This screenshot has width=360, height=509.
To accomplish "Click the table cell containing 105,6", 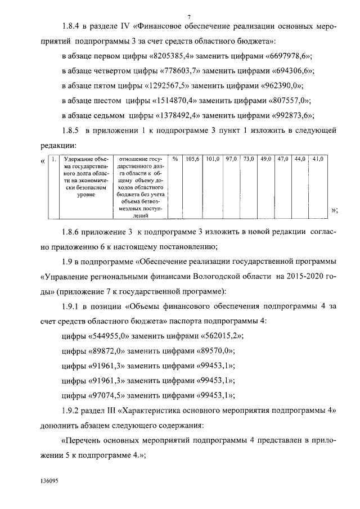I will tap(193, 160).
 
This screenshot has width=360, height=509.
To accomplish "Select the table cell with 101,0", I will tap(212, 160).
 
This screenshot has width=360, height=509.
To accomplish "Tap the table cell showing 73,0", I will tap(249, 160).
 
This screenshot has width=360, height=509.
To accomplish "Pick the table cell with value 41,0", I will tap(318, 160).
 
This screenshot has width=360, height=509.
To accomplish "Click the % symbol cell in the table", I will tap(175, 160).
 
